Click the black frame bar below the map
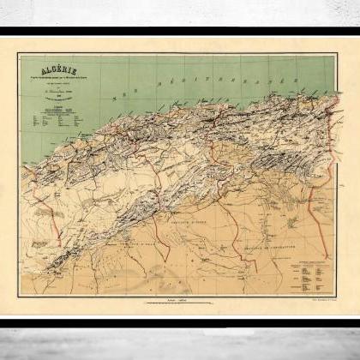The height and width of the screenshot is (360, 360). pos(180,323)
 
